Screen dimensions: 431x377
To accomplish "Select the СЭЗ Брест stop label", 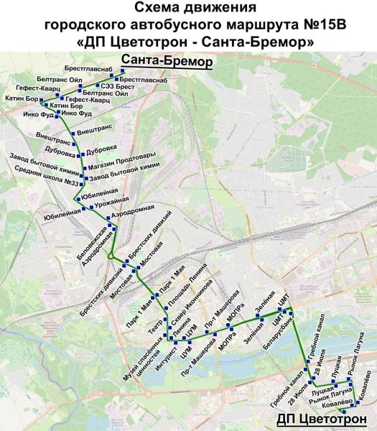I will point(114,85).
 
